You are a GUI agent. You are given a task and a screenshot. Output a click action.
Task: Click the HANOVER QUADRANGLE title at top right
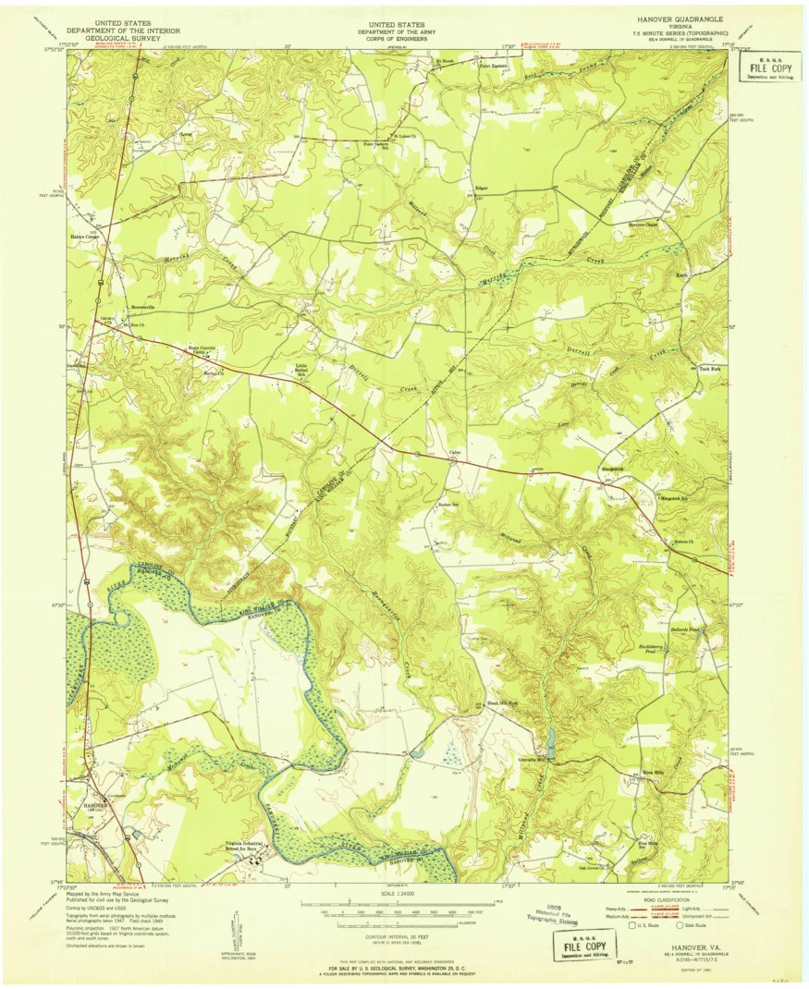(x=679, y=18)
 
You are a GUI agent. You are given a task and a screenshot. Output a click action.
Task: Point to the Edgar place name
(x=481, y=189)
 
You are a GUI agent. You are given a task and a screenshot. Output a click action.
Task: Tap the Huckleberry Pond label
(x=655, y=650)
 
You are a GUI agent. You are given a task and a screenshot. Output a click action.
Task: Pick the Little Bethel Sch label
(x=301, y=370)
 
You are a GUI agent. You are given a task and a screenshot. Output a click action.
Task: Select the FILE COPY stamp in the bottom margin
(x=580, y=946)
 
